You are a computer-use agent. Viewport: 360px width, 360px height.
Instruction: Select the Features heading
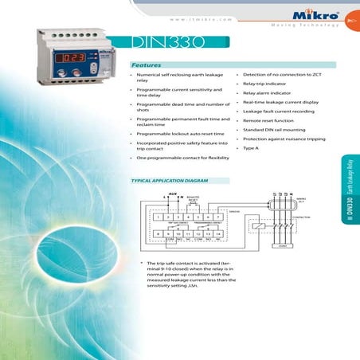[x=147, y=64]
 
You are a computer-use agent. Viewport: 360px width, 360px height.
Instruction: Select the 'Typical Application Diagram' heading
[x=164, y=181]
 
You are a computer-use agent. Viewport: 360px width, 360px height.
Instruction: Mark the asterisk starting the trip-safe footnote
[x=140, y=264]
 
